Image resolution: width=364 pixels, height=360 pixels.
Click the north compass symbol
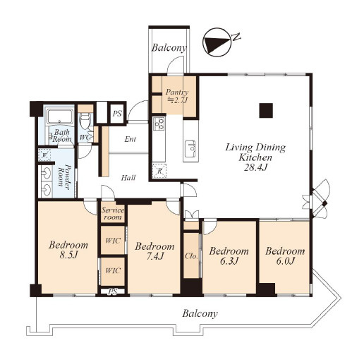pyautogui.click(x=217, y=42)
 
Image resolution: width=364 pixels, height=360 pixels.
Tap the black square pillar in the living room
pyautogui.click(x=266, y=110)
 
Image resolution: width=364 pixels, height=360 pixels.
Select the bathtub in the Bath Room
pyautogui.click(x=59, y=116)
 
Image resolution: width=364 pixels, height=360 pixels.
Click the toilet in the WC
pyautogui.click(x=85, y=121)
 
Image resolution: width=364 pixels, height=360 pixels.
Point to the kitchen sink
pyautogui.click(x=190, y=149)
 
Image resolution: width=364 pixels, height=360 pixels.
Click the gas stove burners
pyautogui.click(x=159, y=124)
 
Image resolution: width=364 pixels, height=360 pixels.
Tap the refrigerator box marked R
pyautogui.click(x=159, y=171)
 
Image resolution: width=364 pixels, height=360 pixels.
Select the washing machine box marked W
pyautogui.click(x=45, y=155)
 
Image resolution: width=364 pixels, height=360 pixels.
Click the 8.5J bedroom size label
pyautogui.click(x=68, y=255)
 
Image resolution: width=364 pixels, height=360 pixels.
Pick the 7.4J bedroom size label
pyautogui.click(x=155, y=256)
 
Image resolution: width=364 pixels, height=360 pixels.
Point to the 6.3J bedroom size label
pyautogui.click(x=229, y=260)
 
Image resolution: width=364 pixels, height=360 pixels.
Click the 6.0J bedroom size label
pyautogui.click(x=285, y=261)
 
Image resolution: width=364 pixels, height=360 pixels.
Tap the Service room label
pyautogui.click(x=113, y=213)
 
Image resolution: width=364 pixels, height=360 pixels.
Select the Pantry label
pyautogui.click(x=177, y=92)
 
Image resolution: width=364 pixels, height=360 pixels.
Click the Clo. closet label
pyautogui.click(x=191, y=256)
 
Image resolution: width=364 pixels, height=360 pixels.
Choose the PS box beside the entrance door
pyautogui.click(x=117, y=114)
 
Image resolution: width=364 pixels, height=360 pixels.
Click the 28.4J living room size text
pyautogui.click(x=255, y=167)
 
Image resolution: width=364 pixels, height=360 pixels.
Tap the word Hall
pyautogui.click(x=128, y=178)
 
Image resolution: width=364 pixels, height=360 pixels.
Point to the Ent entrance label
pyautogui.click(x=131, y=139)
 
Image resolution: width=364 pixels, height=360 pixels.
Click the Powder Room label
pyautogui.click(x=64, y=176)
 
